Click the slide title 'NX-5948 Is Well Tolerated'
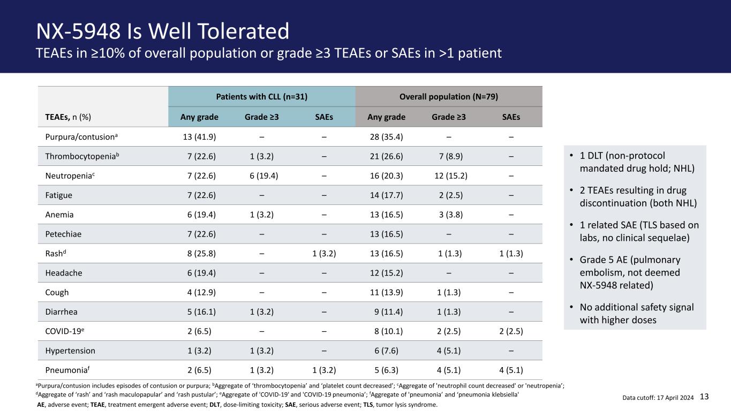tap(162, 32)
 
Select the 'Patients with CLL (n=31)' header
tap(262, 97)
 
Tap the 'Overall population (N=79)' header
tap(449, 97)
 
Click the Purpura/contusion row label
tap(81, 136)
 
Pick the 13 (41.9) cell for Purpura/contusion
tap(199, 136)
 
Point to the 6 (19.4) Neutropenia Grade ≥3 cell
tap(264, 176)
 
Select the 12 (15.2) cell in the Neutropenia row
tap(451, 176)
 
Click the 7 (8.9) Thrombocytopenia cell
tap(451, 156)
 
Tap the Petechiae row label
tap(63, 234)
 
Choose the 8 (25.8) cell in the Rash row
tap(201, 254)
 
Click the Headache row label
tap(64, 273)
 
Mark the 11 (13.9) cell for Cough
tap(387, 292)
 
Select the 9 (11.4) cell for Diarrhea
tap(389, 312)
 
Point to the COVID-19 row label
tap(65, 331)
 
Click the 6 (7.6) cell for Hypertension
tap(387, 351)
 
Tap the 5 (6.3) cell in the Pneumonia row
tap(387, 370)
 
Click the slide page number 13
tap(704, 397)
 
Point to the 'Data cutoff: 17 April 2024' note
tap(658, 398)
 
